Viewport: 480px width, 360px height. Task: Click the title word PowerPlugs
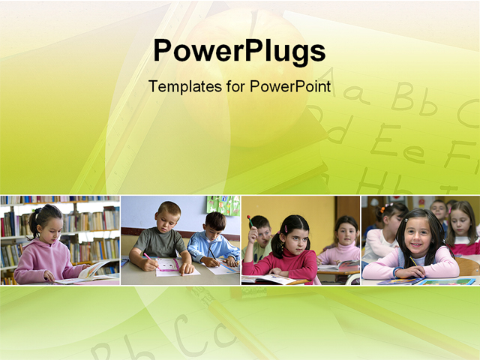pos(239,51)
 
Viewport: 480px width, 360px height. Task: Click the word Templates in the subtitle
pos(185,86)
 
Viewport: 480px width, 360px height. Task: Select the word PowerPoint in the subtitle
pos(290,86)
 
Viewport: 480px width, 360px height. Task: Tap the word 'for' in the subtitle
pos(235,86)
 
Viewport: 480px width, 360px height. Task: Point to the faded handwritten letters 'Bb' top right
pos(414,98)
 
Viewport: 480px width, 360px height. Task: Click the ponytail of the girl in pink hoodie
pos(34,223)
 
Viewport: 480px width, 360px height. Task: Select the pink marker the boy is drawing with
pos(151,261)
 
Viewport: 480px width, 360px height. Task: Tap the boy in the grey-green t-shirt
pos(161,238)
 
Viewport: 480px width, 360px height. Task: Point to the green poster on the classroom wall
pos(223,205)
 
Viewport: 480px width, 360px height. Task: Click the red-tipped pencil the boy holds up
pos(250,221)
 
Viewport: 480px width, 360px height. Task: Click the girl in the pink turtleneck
pos(341,241)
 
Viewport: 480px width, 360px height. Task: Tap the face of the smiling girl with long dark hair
pos(416,235)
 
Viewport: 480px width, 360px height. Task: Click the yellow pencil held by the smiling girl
pos(413,261)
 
